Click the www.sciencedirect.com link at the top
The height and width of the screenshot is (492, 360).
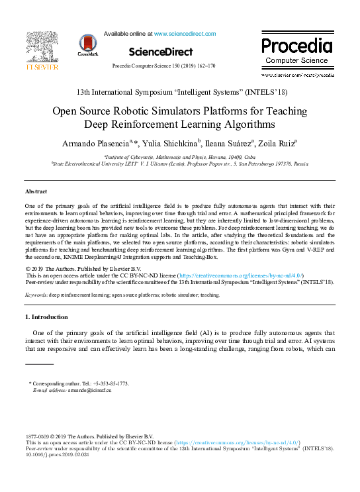(185, 32)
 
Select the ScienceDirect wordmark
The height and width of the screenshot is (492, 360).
(160, 52)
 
